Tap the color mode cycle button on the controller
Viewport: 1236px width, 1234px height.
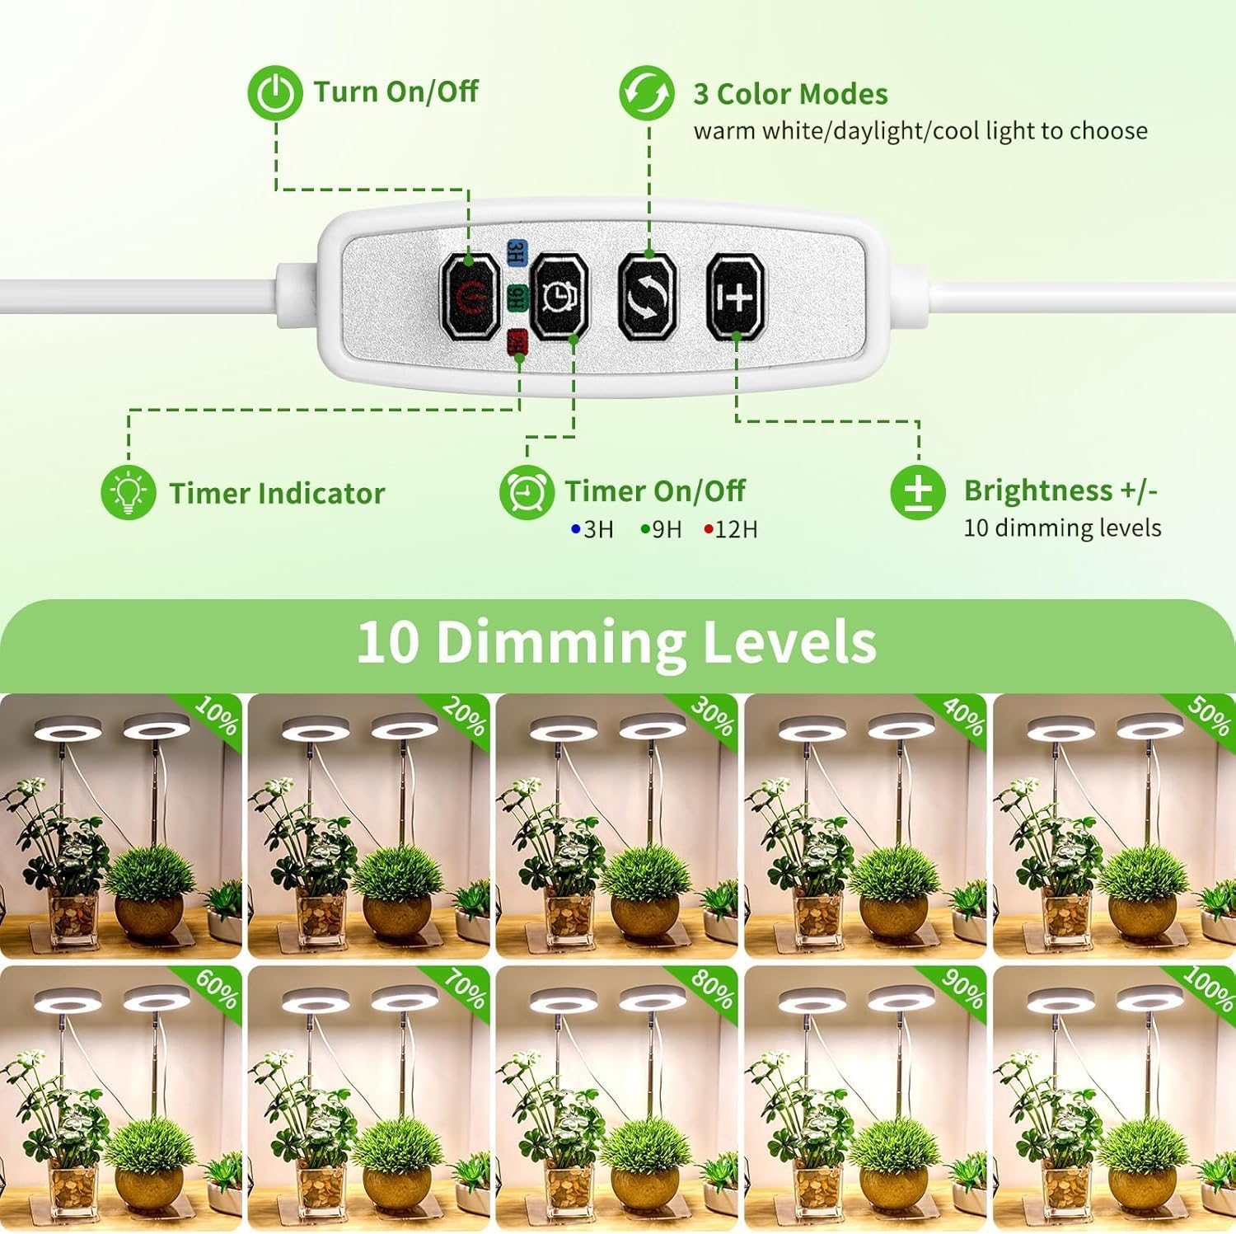coord(647,296)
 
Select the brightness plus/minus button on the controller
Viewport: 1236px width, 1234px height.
coord(736,296)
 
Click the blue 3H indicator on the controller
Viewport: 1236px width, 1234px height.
coord(517,251)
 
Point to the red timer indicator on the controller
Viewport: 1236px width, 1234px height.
coord(517,341)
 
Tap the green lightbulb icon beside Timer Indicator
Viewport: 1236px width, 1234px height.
coord(128,492)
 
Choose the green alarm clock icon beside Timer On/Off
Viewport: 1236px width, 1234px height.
coord(526,492)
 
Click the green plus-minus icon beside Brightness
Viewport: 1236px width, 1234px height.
coord(918,492)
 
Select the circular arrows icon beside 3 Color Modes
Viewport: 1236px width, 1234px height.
coord(647,93)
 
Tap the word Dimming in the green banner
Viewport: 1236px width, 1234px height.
coord(559,642)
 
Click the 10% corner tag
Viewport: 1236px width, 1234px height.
coord(217,716)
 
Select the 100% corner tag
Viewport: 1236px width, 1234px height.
coord(1209,988)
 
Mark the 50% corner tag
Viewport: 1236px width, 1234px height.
coord(1210,716)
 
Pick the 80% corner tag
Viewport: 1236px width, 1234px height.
coord(713,988)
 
